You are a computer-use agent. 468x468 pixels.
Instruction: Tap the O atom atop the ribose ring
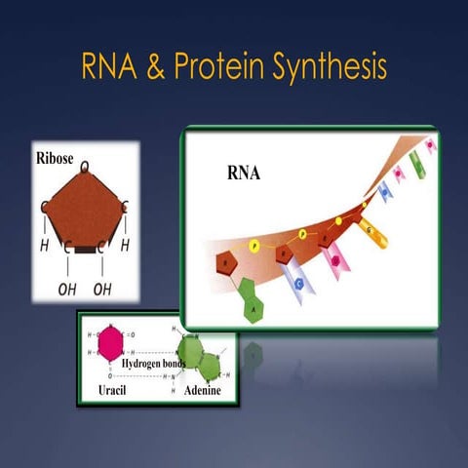pos(85,168)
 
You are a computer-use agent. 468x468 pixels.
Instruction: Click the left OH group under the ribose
pos(67,290)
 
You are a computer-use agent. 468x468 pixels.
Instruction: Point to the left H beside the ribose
pos(45,247)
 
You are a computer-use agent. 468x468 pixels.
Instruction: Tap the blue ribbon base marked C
pos(300,284)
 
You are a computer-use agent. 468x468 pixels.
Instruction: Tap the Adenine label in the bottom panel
pos(204,388)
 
